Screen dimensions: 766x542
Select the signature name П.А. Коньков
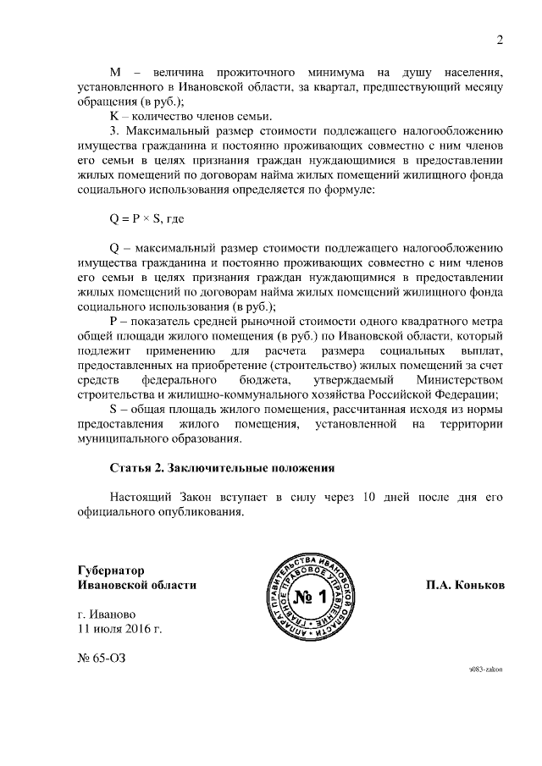pos(465,585)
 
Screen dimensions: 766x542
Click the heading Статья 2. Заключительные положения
pos(223,466)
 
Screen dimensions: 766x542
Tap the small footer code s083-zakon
pos(486,669)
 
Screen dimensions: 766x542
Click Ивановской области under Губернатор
pos(136,585)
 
